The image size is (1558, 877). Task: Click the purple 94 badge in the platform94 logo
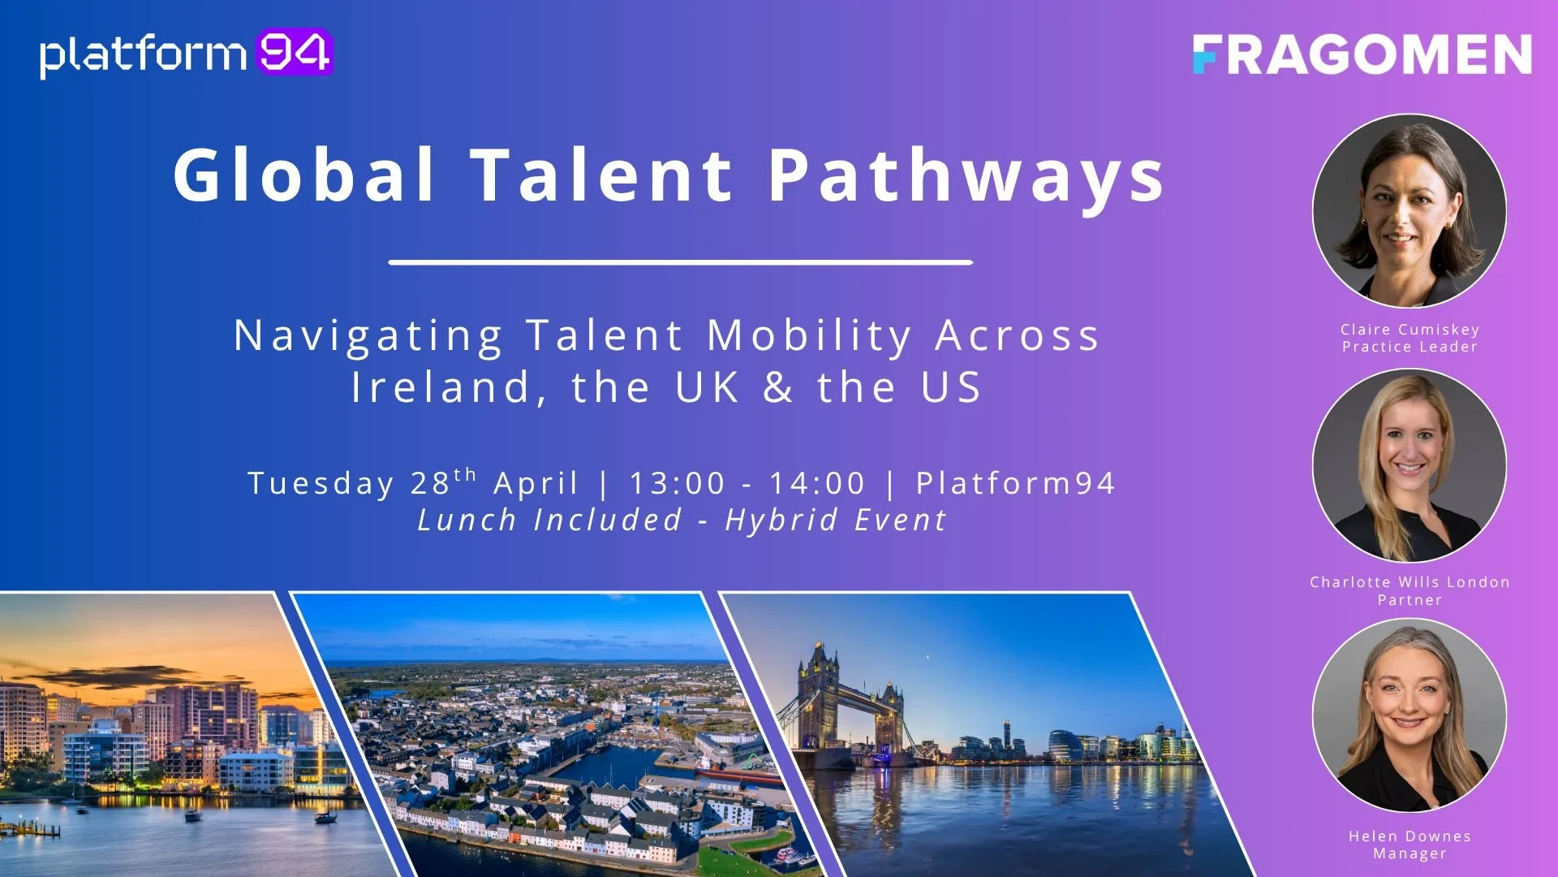(295, 53)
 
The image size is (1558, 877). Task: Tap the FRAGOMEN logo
(1362, 54)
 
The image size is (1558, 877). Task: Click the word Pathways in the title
(966, 175)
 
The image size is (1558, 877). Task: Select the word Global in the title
(304, 175)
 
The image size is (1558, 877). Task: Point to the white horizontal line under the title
(680, 262)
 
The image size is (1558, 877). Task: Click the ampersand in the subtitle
(778, 387)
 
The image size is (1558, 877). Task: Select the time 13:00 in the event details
(678, 483)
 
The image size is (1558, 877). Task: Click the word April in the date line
(536, 483)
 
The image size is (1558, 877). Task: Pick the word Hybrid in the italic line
(781, 520)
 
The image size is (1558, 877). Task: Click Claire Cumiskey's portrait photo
(1410, 210)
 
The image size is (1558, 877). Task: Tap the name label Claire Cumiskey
(1410, 329)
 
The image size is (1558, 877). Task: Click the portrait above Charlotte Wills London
(1410, 464)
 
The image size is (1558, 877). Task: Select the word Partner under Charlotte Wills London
(1410, 600)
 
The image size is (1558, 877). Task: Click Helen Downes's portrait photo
(1410, 715)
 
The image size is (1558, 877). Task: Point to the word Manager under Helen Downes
(1410, 853)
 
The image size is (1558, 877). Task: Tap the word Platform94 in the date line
(1015, 483)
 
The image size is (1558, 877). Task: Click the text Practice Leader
(1410, 347)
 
